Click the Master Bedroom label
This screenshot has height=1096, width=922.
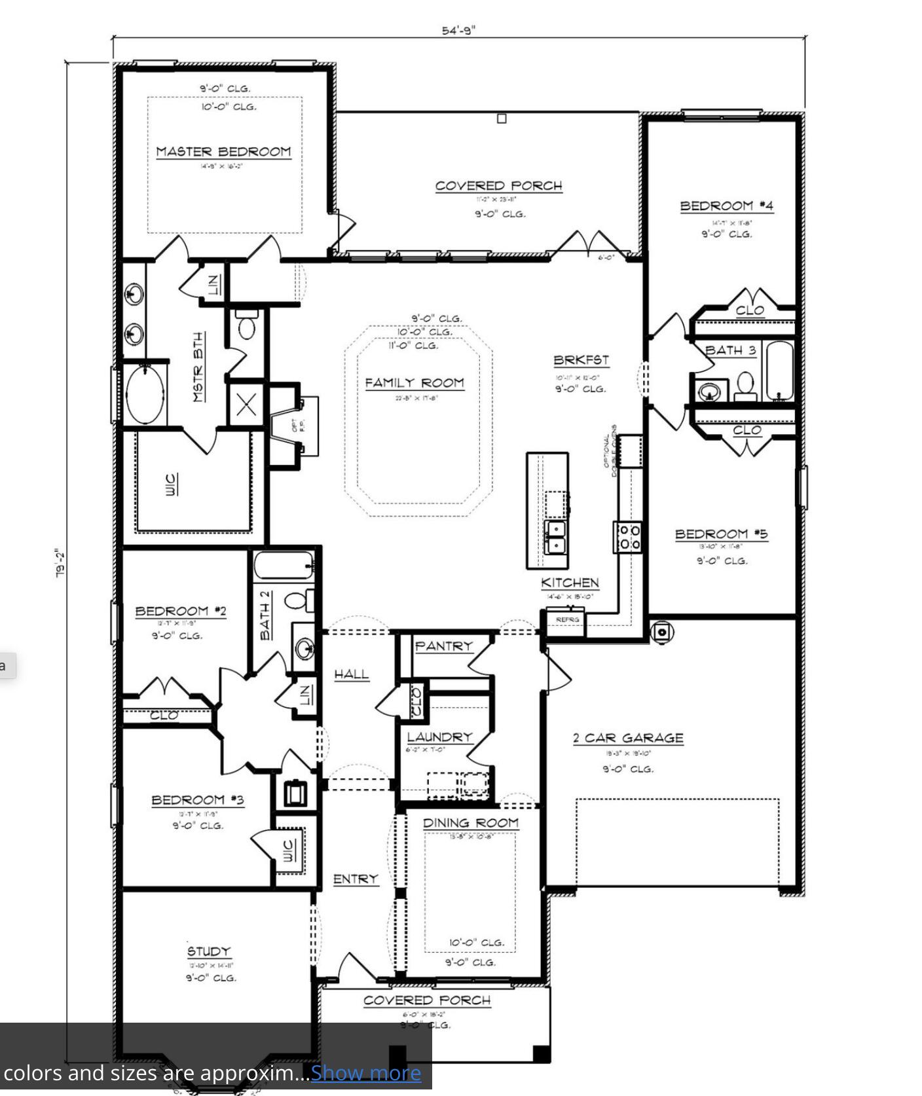pos(223,151)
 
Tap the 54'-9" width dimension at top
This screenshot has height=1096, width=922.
pos(458,30)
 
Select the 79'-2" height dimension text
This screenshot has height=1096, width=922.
pos(60,563)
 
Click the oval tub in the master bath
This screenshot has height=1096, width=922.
pos(145,395)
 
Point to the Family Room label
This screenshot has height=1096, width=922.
pos(415,382)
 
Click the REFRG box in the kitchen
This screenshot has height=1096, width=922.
pos(567,619)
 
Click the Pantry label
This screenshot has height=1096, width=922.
pos(443,646)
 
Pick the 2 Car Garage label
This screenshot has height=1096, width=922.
pos(628,738)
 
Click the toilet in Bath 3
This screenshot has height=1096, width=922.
pos(745,386)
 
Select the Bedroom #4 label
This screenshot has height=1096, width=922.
pos(726,206)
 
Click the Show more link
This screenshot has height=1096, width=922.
pos(365,1073)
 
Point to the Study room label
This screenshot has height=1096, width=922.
pos(209,951)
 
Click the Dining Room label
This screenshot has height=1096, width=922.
pos(470,822)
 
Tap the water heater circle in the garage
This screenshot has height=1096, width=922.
pos(662,632)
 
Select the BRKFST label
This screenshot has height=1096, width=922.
pos(581,360)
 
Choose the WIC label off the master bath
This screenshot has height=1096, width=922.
pos(170,484)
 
